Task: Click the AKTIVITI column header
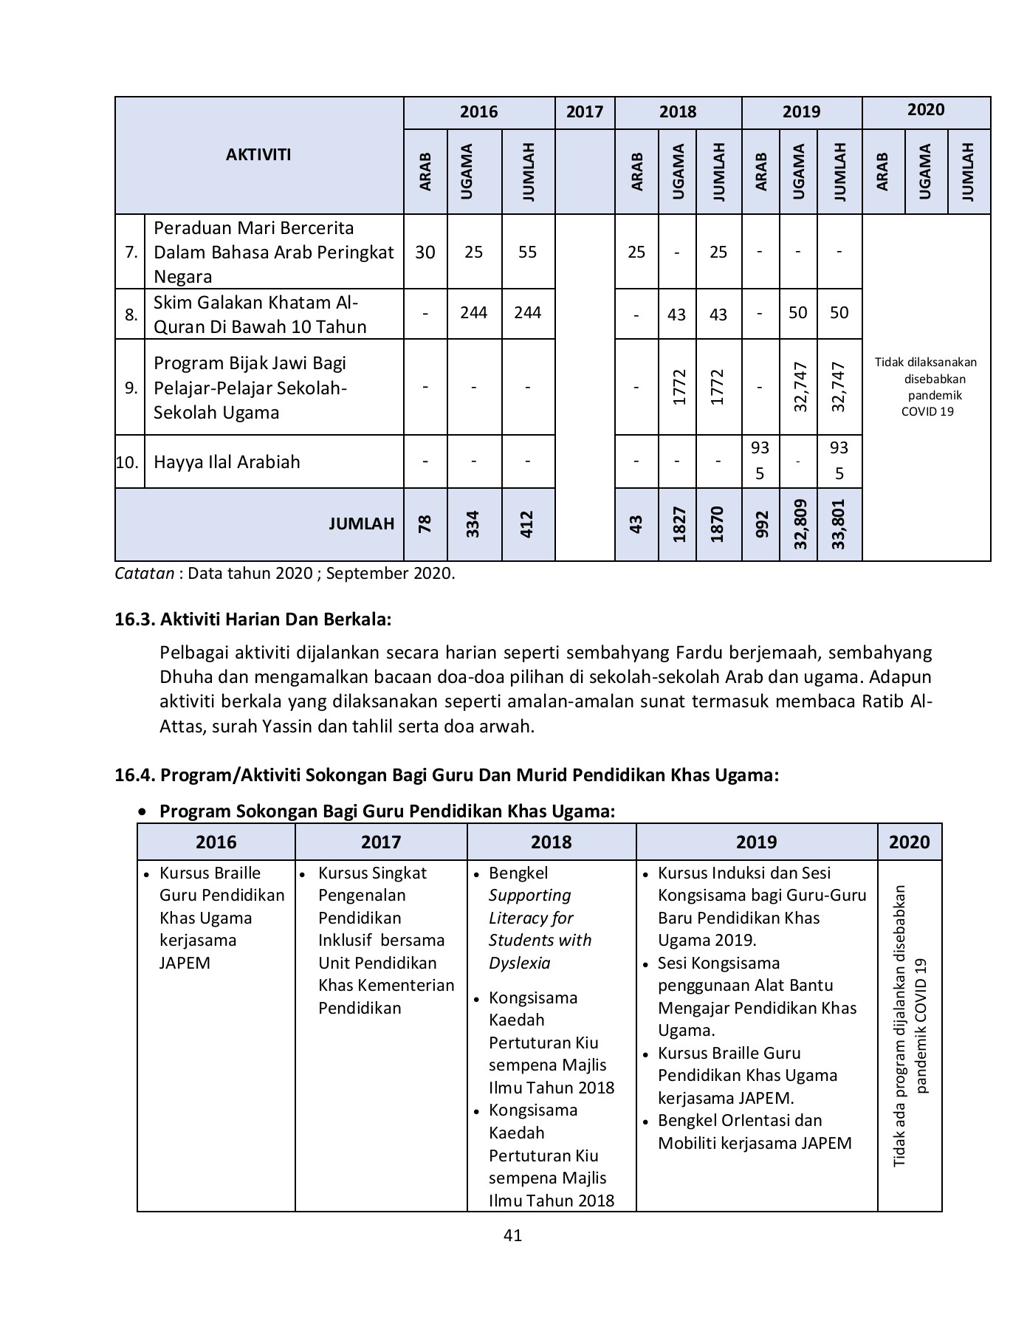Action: [x=258, y=155]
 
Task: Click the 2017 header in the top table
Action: [x=584, y=112]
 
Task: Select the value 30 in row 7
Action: [x=425, y=253]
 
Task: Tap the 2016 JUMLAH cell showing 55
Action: [x=527, y=253]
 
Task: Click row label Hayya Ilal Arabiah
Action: [x=227, y=462]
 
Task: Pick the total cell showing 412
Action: [x=527, y=524]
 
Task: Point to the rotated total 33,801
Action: [x=839, y=524]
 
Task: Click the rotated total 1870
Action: [x=718, y=524]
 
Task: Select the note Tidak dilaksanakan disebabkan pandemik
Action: [x=926, y=387]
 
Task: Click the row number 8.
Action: [x=130, y=315]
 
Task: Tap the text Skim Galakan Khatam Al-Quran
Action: [x=255, y=315]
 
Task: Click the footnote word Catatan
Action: [x=144, y=574]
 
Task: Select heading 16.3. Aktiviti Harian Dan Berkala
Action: [x=253, y=619]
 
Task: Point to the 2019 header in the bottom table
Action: [x=756, y=842]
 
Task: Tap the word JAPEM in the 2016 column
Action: [x=185, y=964]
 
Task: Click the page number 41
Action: [x=512, y=1235]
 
